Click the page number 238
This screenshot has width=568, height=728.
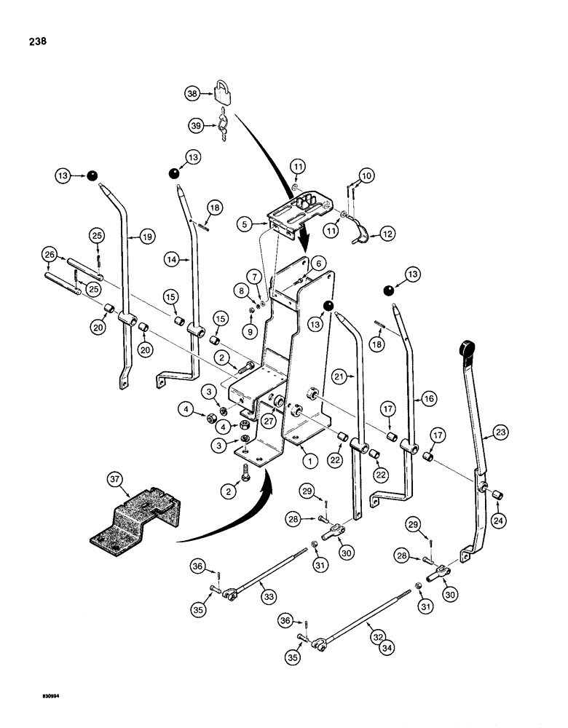pos(35,41)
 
